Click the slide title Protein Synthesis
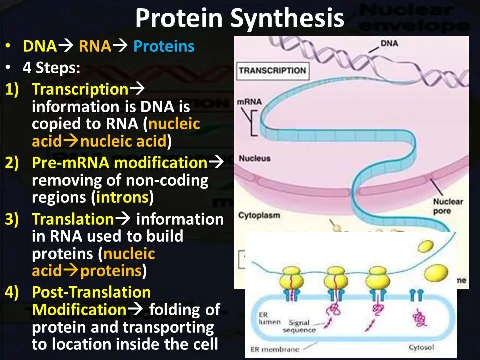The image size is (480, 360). click(239, 19)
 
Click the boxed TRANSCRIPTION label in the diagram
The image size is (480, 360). click(272, 70)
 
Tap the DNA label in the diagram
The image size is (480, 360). click(389, 44)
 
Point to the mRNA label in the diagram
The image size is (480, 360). click(249, 102)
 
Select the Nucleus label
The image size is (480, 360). click(254, 158)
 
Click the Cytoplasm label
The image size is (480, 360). click(259, 216)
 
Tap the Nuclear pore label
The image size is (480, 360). click(448, 206)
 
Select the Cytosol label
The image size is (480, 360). click(421, 346)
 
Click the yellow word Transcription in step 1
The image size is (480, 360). click(80, 89)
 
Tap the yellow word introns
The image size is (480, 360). click(122, 197)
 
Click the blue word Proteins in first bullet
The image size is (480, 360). click(164, 47)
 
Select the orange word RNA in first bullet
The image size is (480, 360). click(95, 47)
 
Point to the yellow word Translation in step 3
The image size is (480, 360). click(73, 219)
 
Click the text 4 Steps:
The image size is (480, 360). click(51, 68)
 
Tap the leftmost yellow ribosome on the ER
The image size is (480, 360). click(294, 277)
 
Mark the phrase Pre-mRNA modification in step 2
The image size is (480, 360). click(119, 163)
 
